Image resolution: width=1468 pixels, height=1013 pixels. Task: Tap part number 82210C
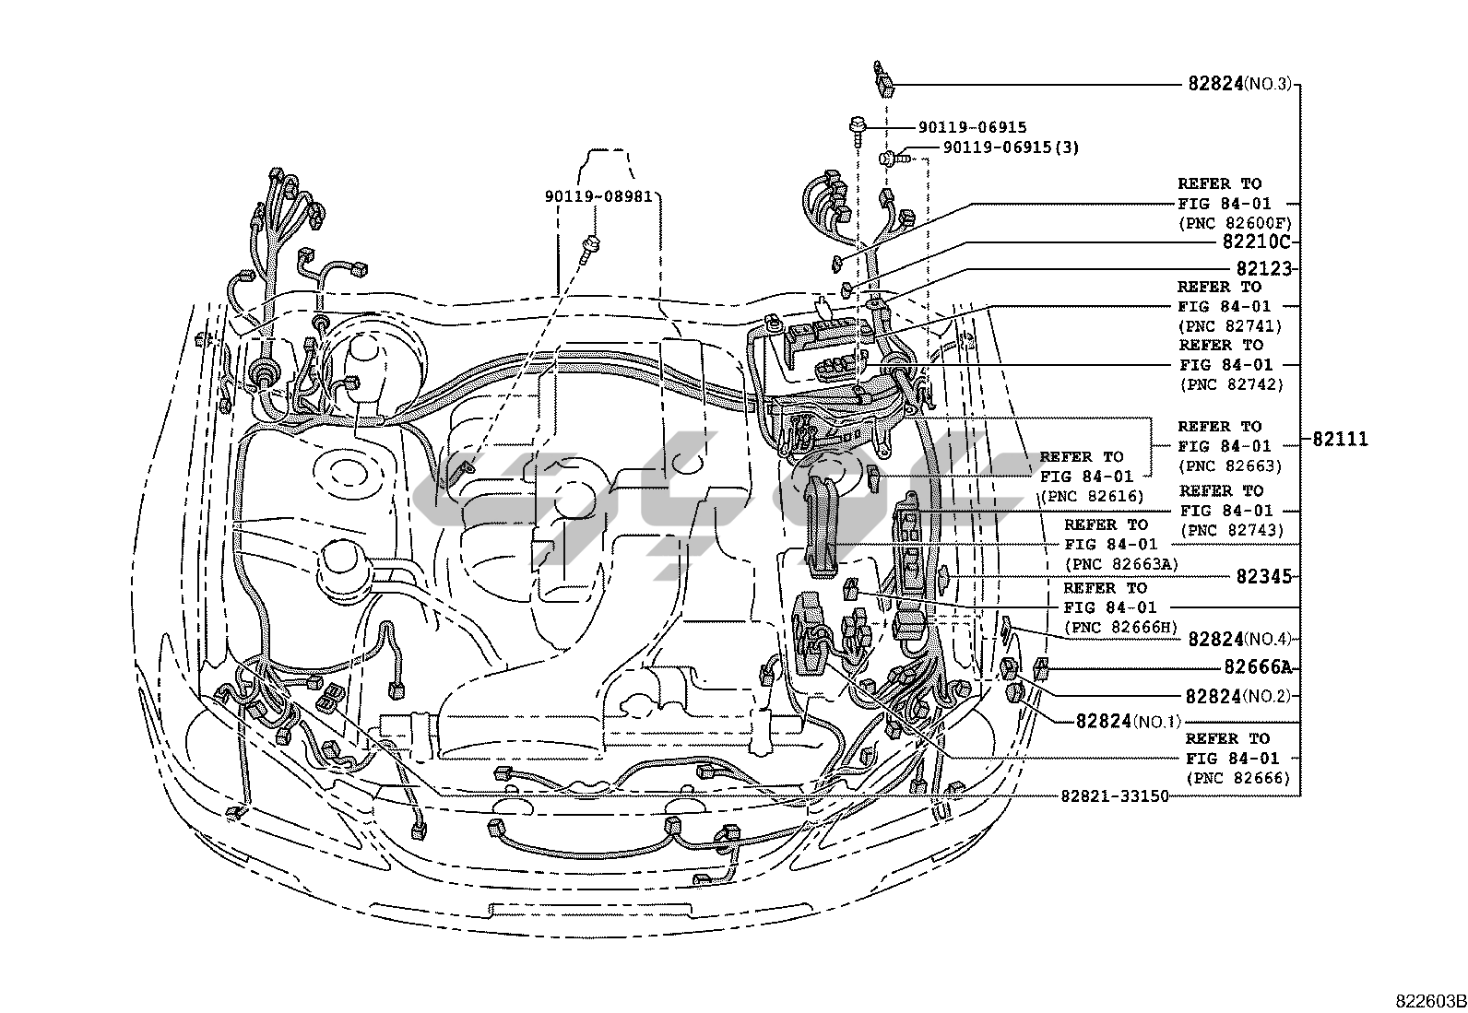(1255, 242)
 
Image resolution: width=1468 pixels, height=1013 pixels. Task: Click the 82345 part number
(1263, 577)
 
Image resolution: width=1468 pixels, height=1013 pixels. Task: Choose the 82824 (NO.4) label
(1240, 639)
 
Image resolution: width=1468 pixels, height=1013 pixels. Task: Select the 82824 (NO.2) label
(1240, 696)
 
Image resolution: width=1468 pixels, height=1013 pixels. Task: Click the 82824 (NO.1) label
(1128, 721)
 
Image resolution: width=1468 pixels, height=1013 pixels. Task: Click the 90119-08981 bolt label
(598, 195)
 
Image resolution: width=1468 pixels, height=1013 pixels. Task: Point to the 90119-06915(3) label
(1011, 147)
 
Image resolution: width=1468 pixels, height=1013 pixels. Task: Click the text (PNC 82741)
(1231, 325)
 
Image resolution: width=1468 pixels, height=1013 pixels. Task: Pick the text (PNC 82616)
(1092, 496)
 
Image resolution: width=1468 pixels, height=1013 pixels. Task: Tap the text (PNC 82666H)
(1120, 628)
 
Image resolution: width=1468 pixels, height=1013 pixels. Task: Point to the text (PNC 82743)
(1231, 530)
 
